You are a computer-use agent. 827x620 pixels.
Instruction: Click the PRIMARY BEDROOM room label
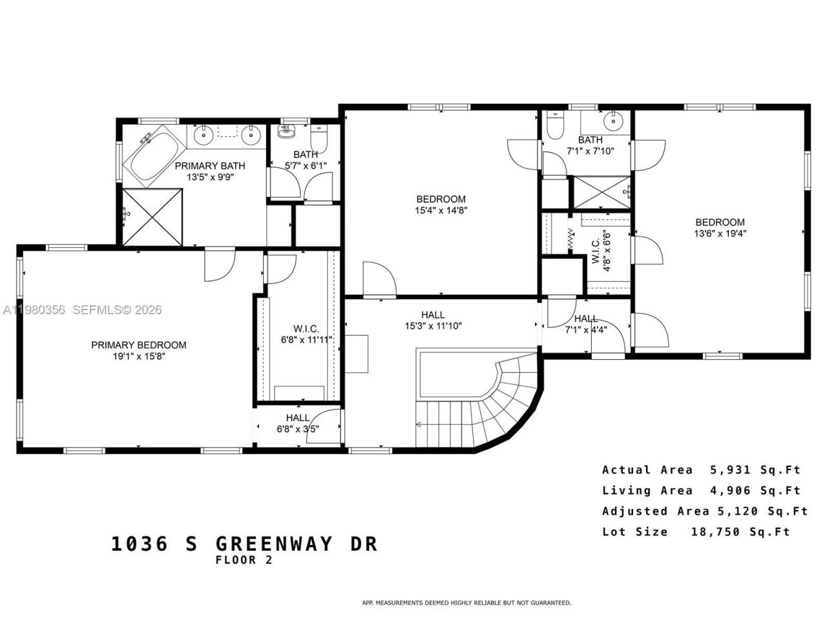tap(138, 345)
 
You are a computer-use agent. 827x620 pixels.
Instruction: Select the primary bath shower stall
tap(152, 216)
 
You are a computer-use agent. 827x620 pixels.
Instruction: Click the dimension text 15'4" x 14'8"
tap(441, 210)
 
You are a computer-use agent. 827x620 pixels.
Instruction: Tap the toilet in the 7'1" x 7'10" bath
tap(555, 125)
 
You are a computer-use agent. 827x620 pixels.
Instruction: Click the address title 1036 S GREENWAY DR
tap(244, 544)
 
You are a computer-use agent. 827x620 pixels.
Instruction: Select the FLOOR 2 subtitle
tap(244, 561)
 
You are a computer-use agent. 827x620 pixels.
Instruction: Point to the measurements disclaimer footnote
tap(466, 603)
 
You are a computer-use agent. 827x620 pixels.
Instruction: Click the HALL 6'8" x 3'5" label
tap(298, 423)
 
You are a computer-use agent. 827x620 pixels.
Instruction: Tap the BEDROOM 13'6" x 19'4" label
tap(720, 227)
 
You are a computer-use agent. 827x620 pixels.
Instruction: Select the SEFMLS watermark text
tap(117, 310)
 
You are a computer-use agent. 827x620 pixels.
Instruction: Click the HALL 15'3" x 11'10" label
tap(433, 320)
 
